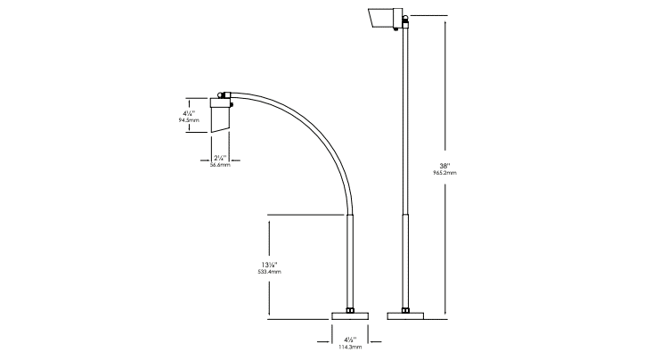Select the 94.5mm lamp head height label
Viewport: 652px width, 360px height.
[x=188, y=119]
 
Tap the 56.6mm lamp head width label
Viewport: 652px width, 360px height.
[x=220, y=165]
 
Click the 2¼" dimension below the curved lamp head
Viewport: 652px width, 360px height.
[x=220, y=157]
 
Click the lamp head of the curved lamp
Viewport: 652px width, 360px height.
[x=220, y=116]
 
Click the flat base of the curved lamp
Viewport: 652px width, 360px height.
[x=351, y=315]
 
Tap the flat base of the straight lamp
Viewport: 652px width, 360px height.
[x=406, y=315]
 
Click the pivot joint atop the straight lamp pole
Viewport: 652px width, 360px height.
[x=407, y=19]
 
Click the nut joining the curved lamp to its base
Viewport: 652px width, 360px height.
[x=351, y=309]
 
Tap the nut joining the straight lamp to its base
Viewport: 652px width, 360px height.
[x=406, y=309]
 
